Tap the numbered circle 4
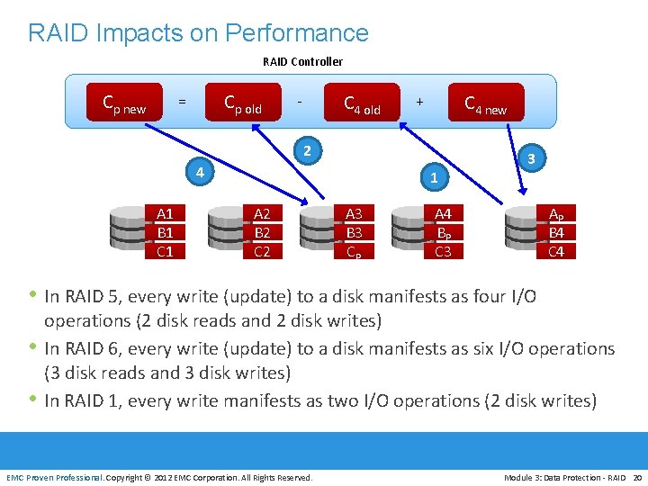[x=201, y=171]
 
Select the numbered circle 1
[x=434, y=178]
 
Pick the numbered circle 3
[x=532, y=158]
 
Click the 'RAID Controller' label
[x=302, y=62]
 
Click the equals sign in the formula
[x=183, y=102]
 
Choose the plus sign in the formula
[x=419, y=102]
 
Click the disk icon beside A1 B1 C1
[x=129, y=232]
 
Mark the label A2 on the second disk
[x=263, y=214]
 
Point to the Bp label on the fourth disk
[x=444, y=233]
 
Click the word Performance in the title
[x=298, y=33]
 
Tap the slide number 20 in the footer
[x=637, y=477]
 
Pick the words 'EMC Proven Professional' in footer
[x=55, y=477]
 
